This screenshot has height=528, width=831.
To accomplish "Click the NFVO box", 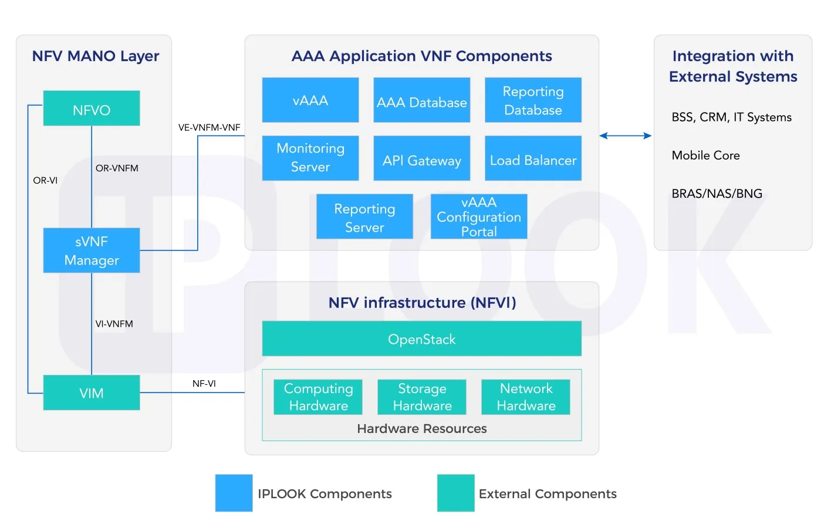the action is tap(92, 109).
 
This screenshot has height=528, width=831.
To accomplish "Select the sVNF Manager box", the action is tap(92, 251).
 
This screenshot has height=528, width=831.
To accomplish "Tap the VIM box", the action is tap(92, 392).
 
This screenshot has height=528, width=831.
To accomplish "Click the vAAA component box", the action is tap(310, 100).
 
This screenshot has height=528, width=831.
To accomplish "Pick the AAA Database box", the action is tap(422, 100).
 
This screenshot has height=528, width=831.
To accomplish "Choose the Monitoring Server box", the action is tap(310, 158).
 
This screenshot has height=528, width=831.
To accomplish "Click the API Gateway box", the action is tap(422, 158).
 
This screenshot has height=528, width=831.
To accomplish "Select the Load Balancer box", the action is tap(533, 158).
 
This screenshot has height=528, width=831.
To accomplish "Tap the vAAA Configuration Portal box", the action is tap(479, 216).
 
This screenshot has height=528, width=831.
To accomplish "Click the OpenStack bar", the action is tap(422, 339).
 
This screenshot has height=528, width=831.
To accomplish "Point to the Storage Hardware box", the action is tap(422, 397).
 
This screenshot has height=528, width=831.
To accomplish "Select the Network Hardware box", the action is tap(526, 397).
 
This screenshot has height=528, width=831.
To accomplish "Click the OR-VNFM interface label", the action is tap(117, 168).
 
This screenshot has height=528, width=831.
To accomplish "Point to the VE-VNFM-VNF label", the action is tap(210, 127).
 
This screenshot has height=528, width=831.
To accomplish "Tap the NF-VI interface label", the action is tap(204, 384).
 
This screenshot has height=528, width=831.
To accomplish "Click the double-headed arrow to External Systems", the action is tap(626, 136).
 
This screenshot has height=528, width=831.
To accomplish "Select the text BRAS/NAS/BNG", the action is tap(717, 194).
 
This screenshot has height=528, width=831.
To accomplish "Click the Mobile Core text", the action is tap(705, 155).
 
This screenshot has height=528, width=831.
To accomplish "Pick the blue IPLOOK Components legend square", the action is tap(234, 493).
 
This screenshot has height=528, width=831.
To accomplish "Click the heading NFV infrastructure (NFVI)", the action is tap(422, 303).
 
